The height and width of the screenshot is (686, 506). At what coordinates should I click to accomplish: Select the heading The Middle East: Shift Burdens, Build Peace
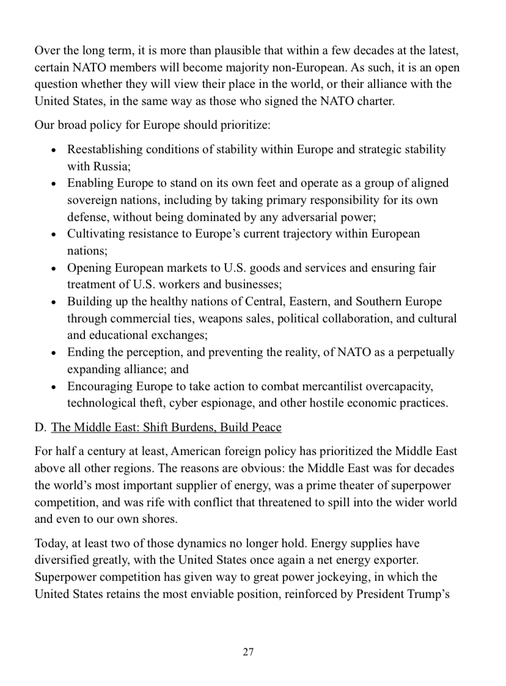pos(166,427)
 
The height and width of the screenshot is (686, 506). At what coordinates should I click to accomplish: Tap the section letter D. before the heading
pos(40,427)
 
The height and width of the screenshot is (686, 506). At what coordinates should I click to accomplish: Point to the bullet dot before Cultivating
pos(56,235)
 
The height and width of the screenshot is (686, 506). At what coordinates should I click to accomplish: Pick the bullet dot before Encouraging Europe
pos(56,387)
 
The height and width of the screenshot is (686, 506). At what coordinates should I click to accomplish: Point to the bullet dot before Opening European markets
pos(56,268)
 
